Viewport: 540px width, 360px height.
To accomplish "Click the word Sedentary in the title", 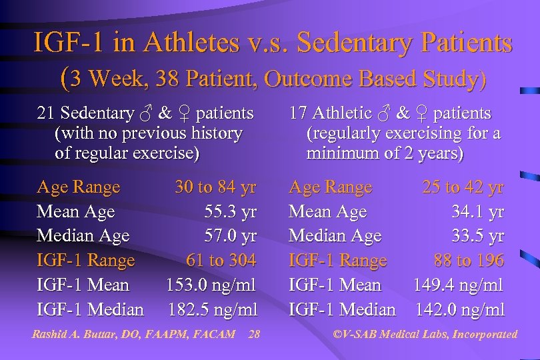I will (x=351, y=44).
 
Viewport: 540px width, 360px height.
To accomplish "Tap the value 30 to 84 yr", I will (x=215, y=187).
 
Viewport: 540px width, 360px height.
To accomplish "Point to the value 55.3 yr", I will (x=230, y=212).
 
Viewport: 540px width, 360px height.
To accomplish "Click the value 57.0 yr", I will (x=230, y=236).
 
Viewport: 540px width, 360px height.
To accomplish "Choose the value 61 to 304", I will (x=221, y=260).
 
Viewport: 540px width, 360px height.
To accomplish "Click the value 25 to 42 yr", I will (x=463, y=187).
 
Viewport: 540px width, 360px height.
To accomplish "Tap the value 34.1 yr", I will (x=477, y=212).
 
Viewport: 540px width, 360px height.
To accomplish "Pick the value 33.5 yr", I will (x=477, y=236).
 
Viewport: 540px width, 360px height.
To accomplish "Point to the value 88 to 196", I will (x=469, y=260).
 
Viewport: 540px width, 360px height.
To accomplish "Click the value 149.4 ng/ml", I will (x=458, y=285).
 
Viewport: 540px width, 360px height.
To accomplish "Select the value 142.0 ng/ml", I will (x=459, y=309).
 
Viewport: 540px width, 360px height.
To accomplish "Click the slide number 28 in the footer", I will (x=253, y=334).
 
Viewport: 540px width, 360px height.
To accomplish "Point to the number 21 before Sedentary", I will (x=45, y=114).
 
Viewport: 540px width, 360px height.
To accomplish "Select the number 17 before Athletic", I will (x=297, y=114).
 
